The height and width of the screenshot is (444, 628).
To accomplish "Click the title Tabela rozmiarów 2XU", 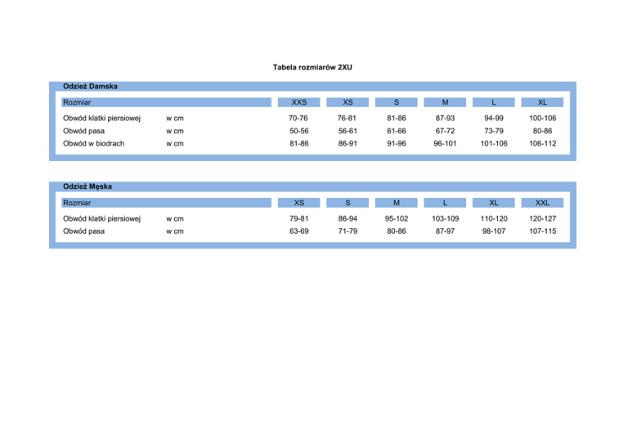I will click(313, 66).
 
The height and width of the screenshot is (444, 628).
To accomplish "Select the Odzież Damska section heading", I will click(90, 86).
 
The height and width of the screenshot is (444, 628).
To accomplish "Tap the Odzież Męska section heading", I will click(87, 186).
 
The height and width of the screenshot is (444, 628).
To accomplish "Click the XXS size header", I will click(299, 102).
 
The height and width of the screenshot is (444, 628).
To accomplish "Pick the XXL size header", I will click(541, 203).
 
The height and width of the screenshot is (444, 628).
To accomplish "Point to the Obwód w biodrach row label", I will click(93, 143).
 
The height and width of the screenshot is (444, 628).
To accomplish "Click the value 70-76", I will click(299, 119).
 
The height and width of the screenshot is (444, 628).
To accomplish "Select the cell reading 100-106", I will click(541, 119).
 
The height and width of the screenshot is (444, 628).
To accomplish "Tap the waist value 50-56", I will click(299, 131).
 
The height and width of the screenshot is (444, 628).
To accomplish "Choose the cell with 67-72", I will click(445, 131).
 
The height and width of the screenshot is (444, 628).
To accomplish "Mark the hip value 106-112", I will click(541, 143).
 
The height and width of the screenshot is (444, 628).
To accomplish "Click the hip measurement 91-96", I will click(397, 143).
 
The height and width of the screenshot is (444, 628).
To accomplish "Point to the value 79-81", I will click(299, 219).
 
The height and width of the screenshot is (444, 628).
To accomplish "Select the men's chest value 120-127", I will click(541, 219).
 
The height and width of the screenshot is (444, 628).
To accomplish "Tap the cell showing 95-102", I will click(397, 219).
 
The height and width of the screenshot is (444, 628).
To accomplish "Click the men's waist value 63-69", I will click(299, 231).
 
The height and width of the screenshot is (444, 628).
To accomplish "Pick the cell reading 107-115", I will click(541, 231).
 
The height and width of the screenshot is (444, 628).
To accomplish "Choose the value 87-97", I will click(445, 231).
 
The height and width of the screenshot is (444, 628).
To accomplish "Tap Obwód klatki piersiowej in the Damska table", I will click(101, 119).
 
